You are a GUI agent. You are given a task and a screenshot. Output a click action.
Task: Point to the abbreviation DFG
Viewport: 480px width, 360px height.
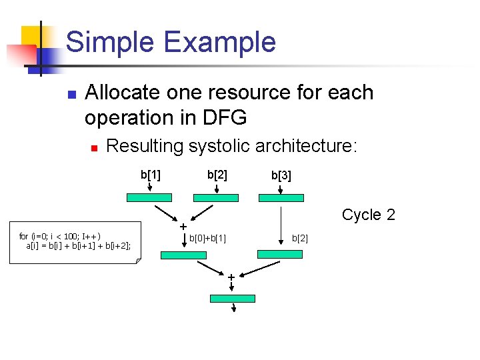pos(221,117)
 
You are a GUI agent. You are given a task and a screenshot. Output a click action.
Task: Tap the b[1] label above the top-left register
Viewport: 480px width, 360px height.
pos(150,175)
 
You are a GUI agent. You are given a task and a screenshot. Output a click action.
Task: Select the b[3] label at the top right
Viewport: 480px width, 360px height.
pos(281,176)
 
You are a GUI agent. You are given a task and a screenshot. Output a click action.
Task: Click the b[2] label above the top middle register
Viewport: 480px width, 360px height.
pos(217,175)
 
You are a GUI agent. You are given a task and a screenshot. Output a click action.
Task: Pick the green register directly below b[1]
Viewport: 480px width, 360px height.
pos(149,197)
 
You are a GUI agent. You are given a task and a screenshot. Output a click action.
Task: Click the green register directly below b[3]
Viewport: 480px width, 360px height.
pos(281,197)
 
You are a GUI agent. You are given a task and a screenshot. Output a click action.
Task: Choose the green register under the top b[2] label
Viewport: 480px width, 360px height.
pos(215,197)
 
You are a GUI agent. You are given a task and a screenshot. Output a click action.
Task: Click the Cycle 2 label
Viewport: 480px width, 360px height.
pos(368,215)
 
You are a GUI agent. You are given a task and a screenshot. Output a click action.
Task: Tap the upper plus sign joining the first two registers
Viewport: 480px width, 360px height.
pos(183,227)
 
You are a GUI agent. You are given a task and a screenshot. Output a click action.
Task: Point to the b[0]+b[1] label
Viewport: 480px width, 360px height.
pos(207,238)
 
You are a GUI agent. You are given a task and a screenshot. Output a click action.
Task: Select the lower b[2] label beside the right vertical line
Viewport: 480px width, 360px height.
pos(300,238)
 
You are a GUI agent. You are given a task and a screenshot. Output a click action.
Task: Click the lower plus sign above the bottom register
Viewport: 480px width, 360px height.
pos(231,277)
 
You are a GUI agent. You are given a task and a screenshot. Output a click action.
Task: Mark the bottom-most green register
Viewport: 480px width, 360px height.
pos(233,298)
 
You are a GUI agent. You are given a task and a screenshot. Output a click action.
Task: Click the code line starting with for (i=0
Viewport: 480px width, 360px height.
pos(60,236)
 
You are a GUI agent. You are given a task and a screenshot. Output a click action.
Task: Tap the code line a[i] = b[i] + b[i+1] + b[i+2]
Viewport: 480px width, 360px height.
pos(79,245)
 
